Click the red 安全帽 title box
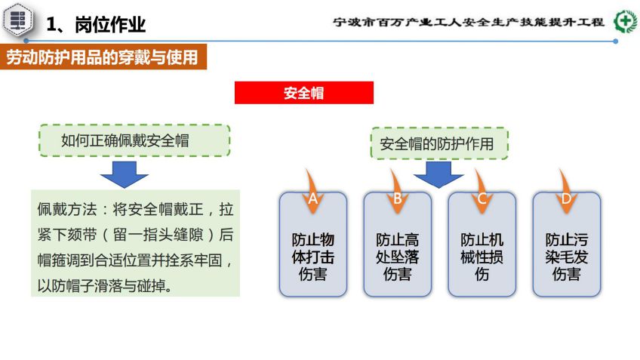303,93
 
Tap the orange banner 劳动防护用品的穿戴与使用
103,57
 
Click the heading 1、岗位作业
96,24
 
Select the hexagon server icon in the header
18,20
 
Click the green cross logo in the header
626,21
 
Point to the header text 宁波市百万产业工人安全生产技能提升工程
468,22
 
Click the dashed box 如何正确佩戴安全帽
134,140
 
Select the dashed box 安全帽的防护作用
439,143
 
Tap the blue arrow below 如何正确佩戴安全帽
124,174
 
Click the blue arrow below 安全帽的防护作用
438,174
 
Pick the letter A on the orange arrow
312,198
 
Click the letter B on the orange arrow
397,198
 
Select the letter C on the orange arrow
482,198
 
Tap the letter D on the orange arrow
566,198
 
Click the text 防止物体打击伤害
313,257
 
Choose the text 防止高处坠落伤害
398,257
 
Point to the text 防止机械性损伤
482,257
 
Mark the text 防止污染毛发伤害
567,257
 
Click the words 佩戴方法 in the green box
67,209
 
